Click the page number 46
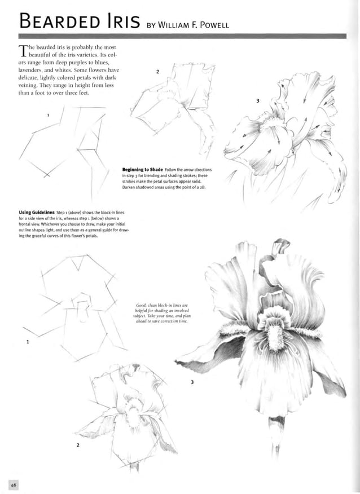[14, 484]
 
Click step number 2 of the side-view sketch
[157, 72]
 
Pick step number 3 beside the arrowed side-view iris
[257, 101]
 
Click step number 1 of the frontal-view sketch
[27, 342]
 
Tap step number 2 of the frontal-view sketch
[77, 446]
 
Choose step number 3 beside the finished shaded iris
[192, 383]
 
